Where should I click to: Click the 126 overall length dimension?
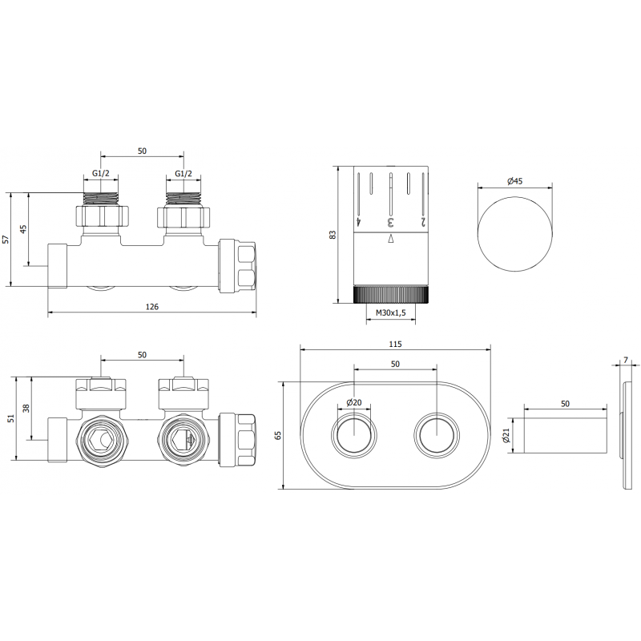pos(151,306)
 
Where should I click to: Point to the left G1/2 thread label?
pos(100,175)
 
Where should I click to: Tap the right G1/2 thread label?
pos(183,175)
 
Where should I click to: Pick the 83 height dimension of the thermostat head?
pos(334,234)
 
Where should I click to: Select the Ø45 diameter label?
pos(514,182)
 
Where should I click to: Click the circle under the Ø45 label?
pos(514,232)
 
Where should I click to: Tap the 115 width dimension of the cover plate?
pos(396,344)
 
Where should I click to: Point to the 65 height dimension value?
pos(279,435)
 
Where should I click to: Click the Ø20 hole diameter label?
pos(354,402)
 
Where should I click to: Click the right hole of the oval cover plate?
pos(435,436)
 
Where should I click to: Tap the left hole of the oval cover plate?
pos(354,436)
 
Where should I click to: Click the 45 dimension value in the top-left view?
pos(25,229)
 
